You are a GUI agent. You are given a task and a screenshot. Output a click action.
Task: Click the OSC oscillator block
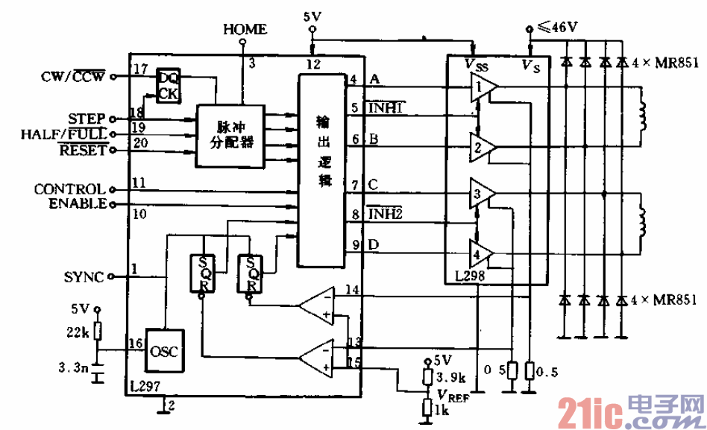(163, 351)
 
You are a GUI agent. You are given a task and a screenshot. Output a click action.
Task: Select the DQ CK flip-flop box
(168, 84)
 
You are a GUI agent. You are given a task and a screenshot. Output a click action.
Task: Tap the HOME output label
(244, 29)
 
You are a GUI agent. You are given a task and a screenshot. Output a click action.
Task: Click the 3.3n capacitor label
(72, 367)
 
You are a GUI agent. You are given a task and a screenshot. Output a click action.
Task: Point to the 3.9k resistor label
(450, 377)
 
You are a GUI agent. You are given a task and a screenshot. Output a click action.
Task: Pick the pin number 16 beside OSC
(134, 343)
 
